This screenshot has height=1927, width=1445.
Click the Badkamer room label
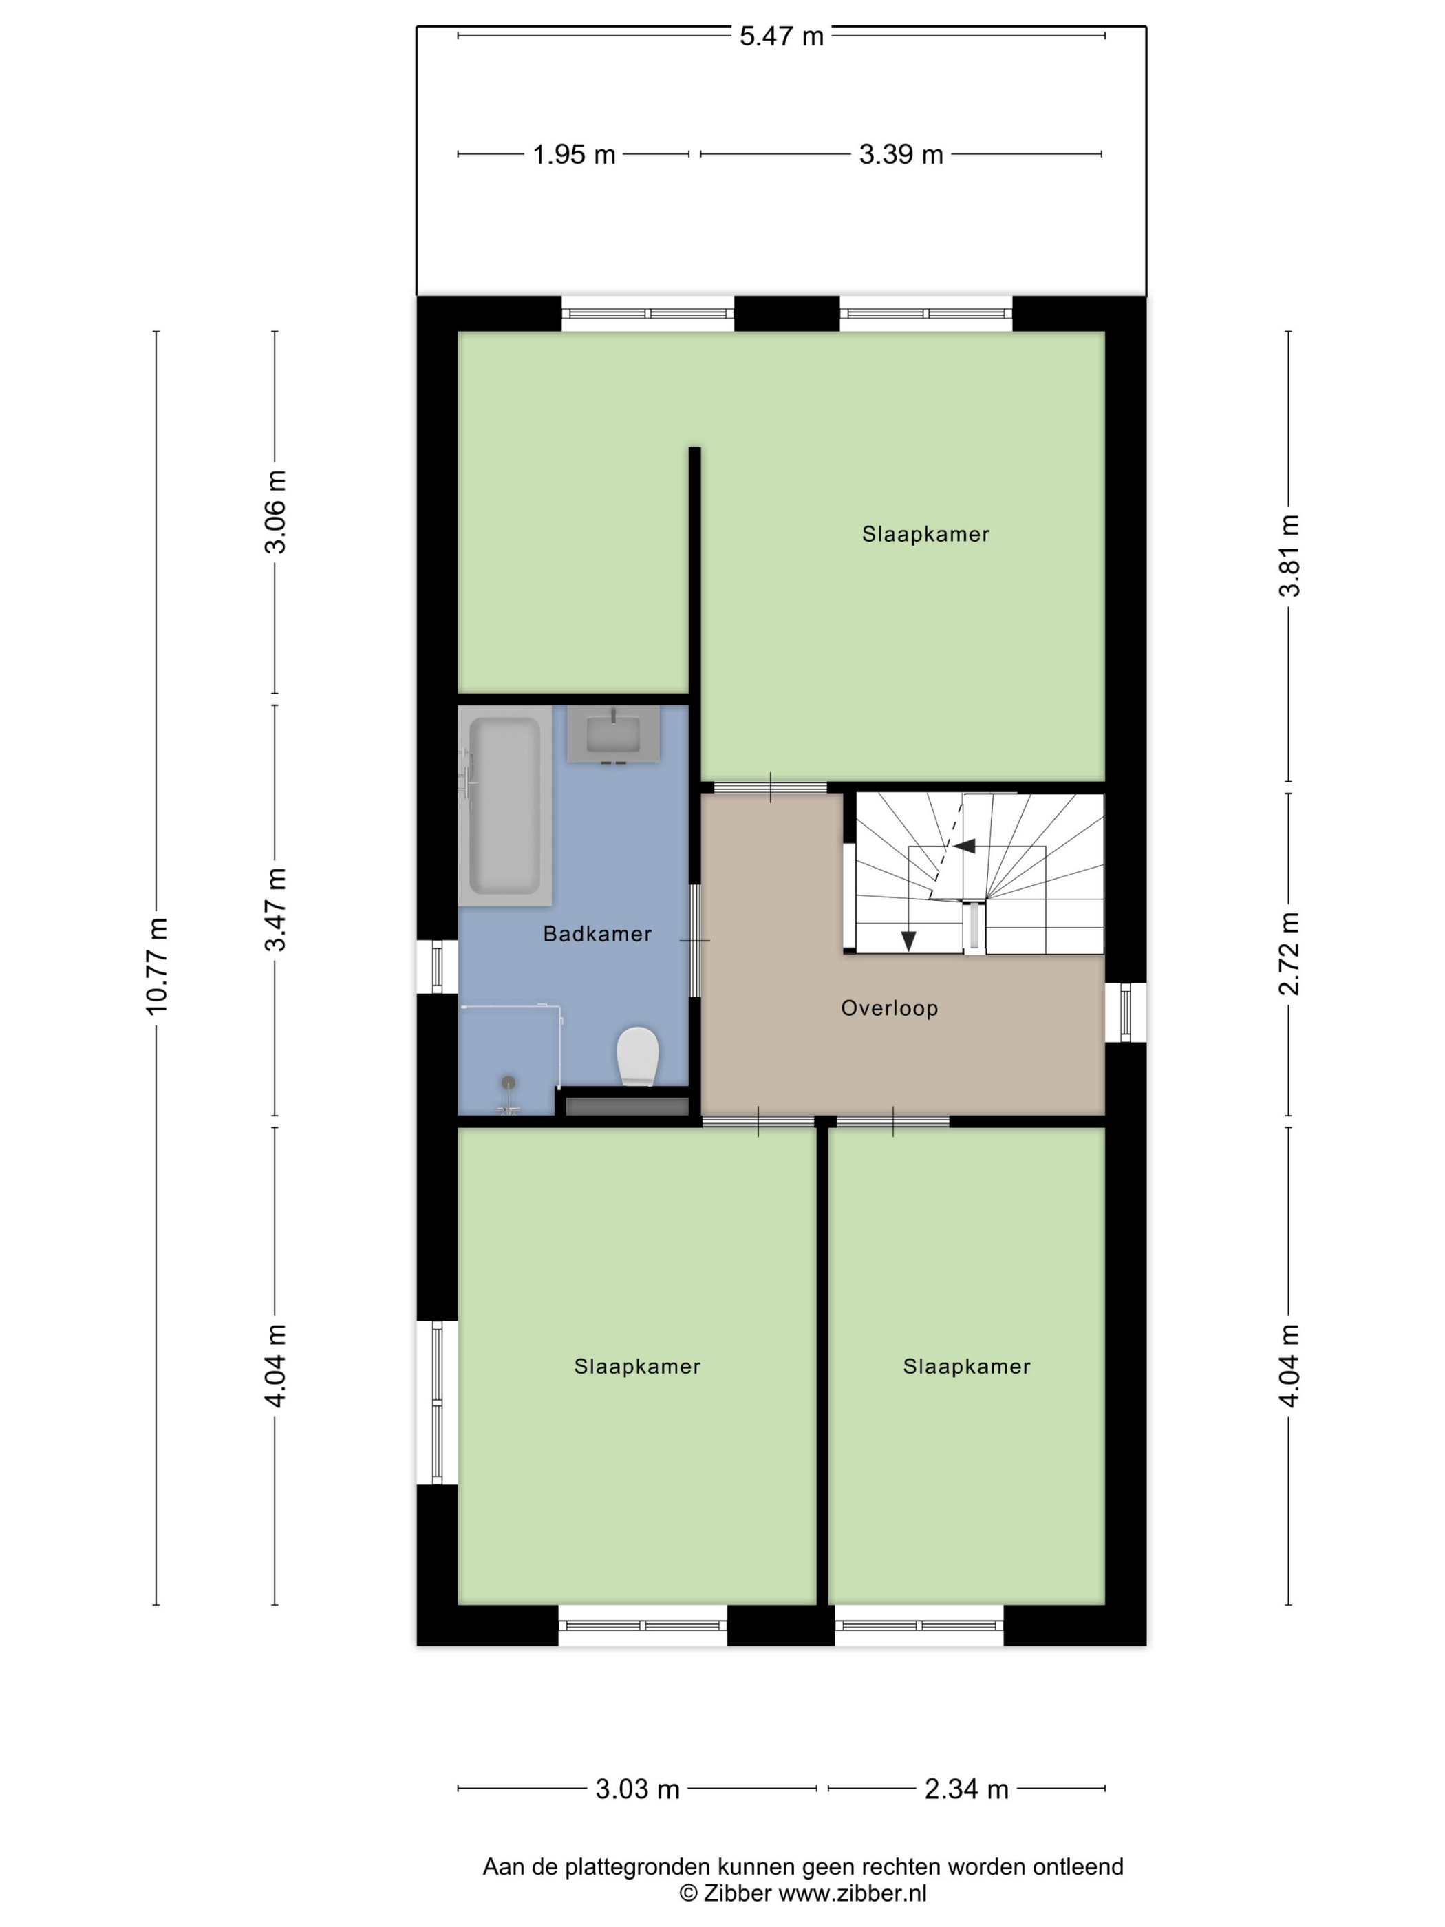coord(597,934)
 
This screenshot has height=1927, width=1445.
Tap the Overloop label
coord(889,1008)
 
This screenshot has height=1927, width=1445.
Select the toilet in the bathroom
coord(636,1056)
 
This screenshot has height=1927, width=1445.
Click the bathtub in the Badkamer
coord(504,805)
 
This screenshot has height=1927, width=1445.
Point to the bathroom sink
coord(613,734)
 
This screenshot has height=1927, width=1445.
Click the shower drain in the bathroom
coord(508,1082)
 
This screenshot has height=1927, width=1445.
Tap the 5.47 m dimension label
coord(781,36)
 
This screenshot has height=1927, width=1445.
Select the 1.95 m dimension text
coord(574,154)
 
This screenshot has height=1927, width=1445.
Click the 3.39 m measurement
coord(901,154)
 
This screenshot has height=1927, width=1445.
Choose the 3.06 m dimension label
coord(276,511)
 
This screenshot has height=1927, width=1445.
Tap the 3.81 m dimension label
coord(1289,555)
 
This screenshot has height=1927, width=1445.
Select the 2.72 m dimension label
coord(1289,953)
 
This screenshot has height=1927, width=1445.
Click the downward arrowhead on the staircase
coord(908,941)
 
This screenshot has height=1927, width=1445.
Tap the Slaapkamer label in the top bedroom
coord(926,534)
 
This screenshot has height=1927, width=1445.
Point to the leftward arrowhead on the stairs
coord(964,844)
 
